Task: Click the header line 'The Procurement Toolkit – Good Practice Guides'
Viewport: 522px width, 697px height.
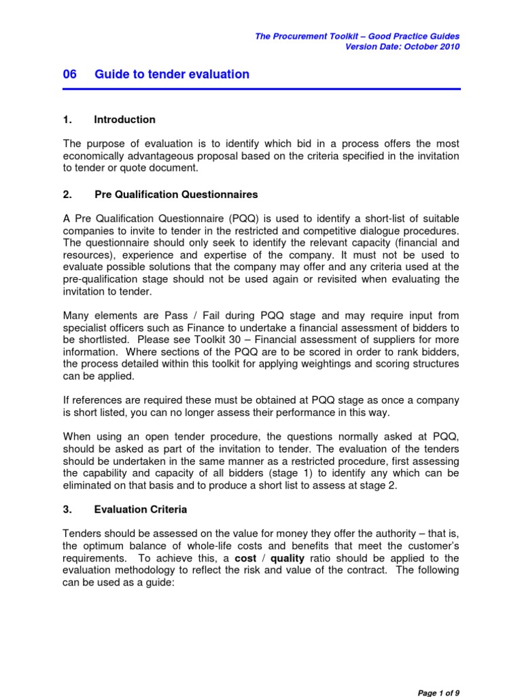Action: [357, 36]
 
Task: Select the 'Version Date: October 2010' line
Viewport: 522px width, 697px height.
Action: [402, 46]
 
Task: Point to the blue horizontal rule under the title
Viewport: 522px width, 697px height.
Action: [261, 88]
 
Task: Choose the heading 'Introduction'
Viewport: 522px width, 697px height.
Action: [124, 120]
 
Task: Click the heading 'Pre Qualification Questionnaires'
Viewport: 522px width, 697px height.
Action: [176, 195]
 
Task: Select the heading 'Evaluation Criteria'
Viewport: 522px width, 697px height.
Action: [141, 509]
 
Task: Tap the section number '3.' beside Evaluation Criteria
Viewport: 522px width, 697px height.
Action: [67, 509]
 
